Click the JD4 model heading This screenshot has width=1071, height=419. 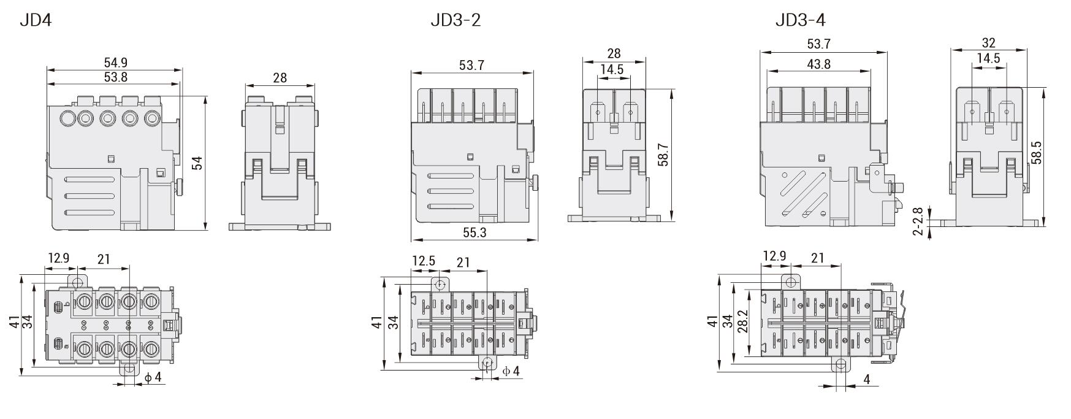pos(36,20)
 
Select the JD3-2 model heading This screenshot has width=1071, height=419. pos(455,20)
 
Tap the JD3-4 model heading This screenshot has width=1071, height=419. pos(800,20)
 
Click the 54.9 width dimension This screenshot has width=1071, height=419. pos(116,63)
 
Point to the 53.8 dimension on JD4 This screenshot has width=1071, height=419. pos(116,77)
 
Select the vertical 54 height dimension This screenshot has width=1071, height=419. pos(197,163)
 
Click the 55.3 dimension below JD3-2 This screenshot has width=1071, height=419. pos(475,233)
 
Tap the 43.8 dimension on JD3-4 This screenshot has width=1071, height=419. pos(818,64)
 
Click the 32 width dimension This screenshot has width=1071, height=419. pos(988,43)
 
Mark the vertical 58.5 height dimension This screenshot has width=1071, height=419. pos(1036,153)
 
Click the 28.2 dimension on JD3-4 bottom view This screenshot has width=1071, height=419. pos(744,320)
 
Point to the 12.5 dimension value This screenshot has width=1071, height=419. pos(423,261)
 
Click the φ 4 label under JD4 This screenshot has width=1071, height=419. pos(153,377)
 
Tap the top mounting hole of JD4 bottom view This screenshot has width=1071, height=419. pos(77,282)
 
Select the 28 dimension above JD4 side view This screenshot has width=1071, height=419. pos(280,78)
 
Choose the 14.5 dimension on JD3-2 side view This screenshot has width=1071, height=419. pos(612,69)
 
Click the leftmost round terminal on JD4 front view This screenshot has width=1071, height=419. pos(67,118)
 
